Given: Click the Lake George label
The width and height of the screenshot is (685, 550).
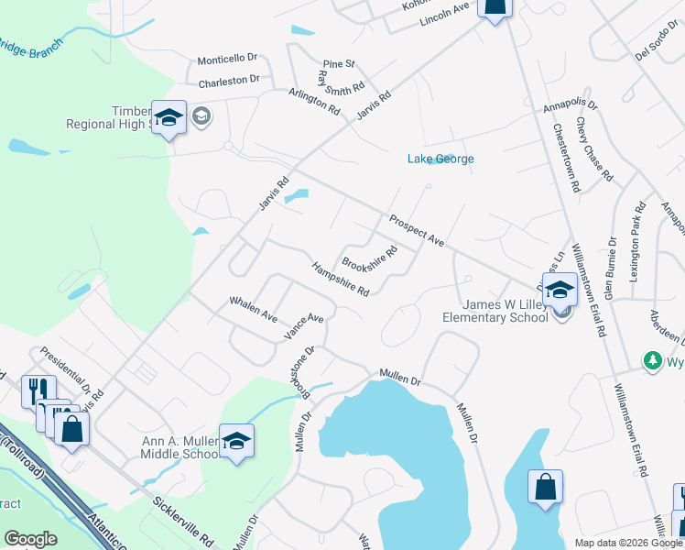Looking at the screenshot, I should pos(440,159).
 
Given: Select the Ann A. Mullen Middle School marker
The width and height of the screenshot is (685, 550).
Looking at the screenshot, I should pos(236,442).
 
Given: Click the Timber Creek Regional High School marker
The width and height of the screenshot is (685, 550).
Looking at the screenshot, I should pos(169,118).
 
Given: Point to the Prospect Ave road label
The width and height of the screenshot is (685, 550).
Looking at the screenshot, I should pos(416,230).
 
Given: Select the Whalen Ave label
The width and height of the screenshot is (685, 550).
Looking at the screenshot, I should pos(253,308).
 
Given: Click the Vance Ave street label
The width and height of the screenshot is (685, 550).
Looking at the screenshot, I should pos(303,326).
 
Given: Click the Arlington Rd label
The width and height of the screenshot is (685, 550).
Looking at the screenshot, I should pos(314,100).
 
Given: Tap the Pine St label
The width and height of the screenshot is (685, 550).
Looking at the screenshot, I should pos(339,64).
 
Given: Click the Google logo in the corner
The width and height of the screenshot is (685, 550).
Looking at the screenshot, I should pos(30,539).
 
